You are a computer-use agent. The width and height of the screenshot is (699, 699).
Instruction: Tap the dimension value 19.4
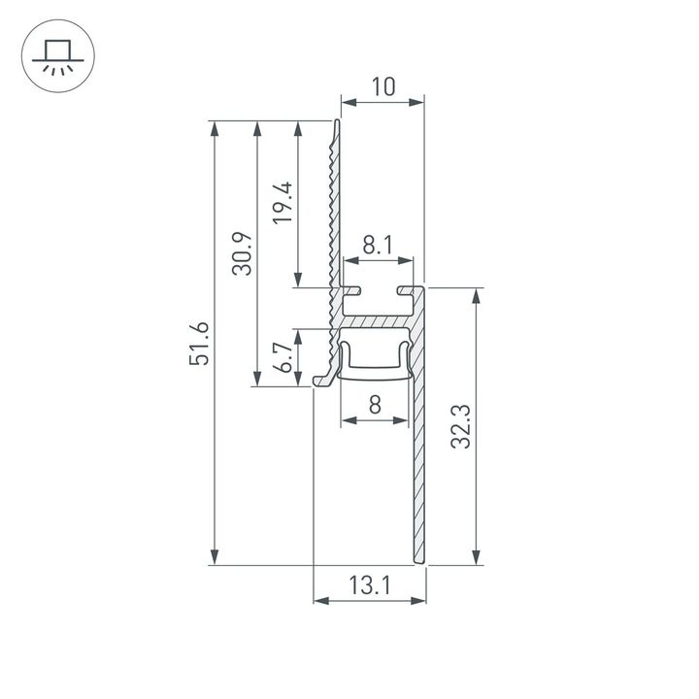(x=283, y=203)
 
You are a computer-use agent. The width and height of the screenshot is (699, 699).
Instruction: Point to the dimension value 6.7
(x=283, y=356)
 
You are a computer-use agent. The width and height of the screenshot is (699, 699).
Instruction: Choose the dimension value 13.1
(x=370, y=585)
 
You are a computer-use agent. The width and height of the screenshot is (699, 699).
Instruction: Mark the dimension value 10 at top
(x=383, y=87)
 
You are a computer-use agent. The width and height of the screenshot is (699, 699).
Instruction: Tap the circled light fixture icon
(x=55, y=56)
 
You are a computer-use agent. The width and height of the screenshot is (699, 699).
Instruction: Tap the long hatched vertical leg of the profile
(x=419, y=466)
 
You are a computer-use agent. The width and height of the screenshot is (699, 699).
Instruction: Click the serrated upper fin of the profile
(x=335, y=204)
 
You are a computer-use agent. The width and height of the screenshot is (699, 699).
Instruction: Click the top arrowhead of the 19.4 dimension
(x=297, y=127)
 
